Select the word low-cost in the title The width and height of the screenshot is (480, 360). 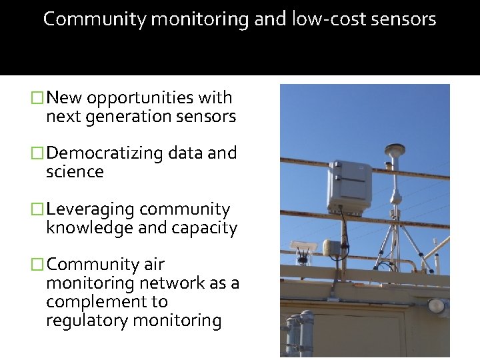pyautogui.click(x=323, y=19)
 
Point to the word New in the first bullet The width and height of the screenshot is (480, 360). pyautogui.click(x=65, y=98)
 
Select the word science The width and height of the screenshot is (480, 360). pyautogui.click(x=75, y=172)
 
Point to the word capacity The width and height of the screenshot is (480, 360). pyautogui.click(x=205, y=229)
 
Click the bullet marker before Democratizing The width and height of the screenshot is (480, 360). pyautogui.click(x=39, y=153)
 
